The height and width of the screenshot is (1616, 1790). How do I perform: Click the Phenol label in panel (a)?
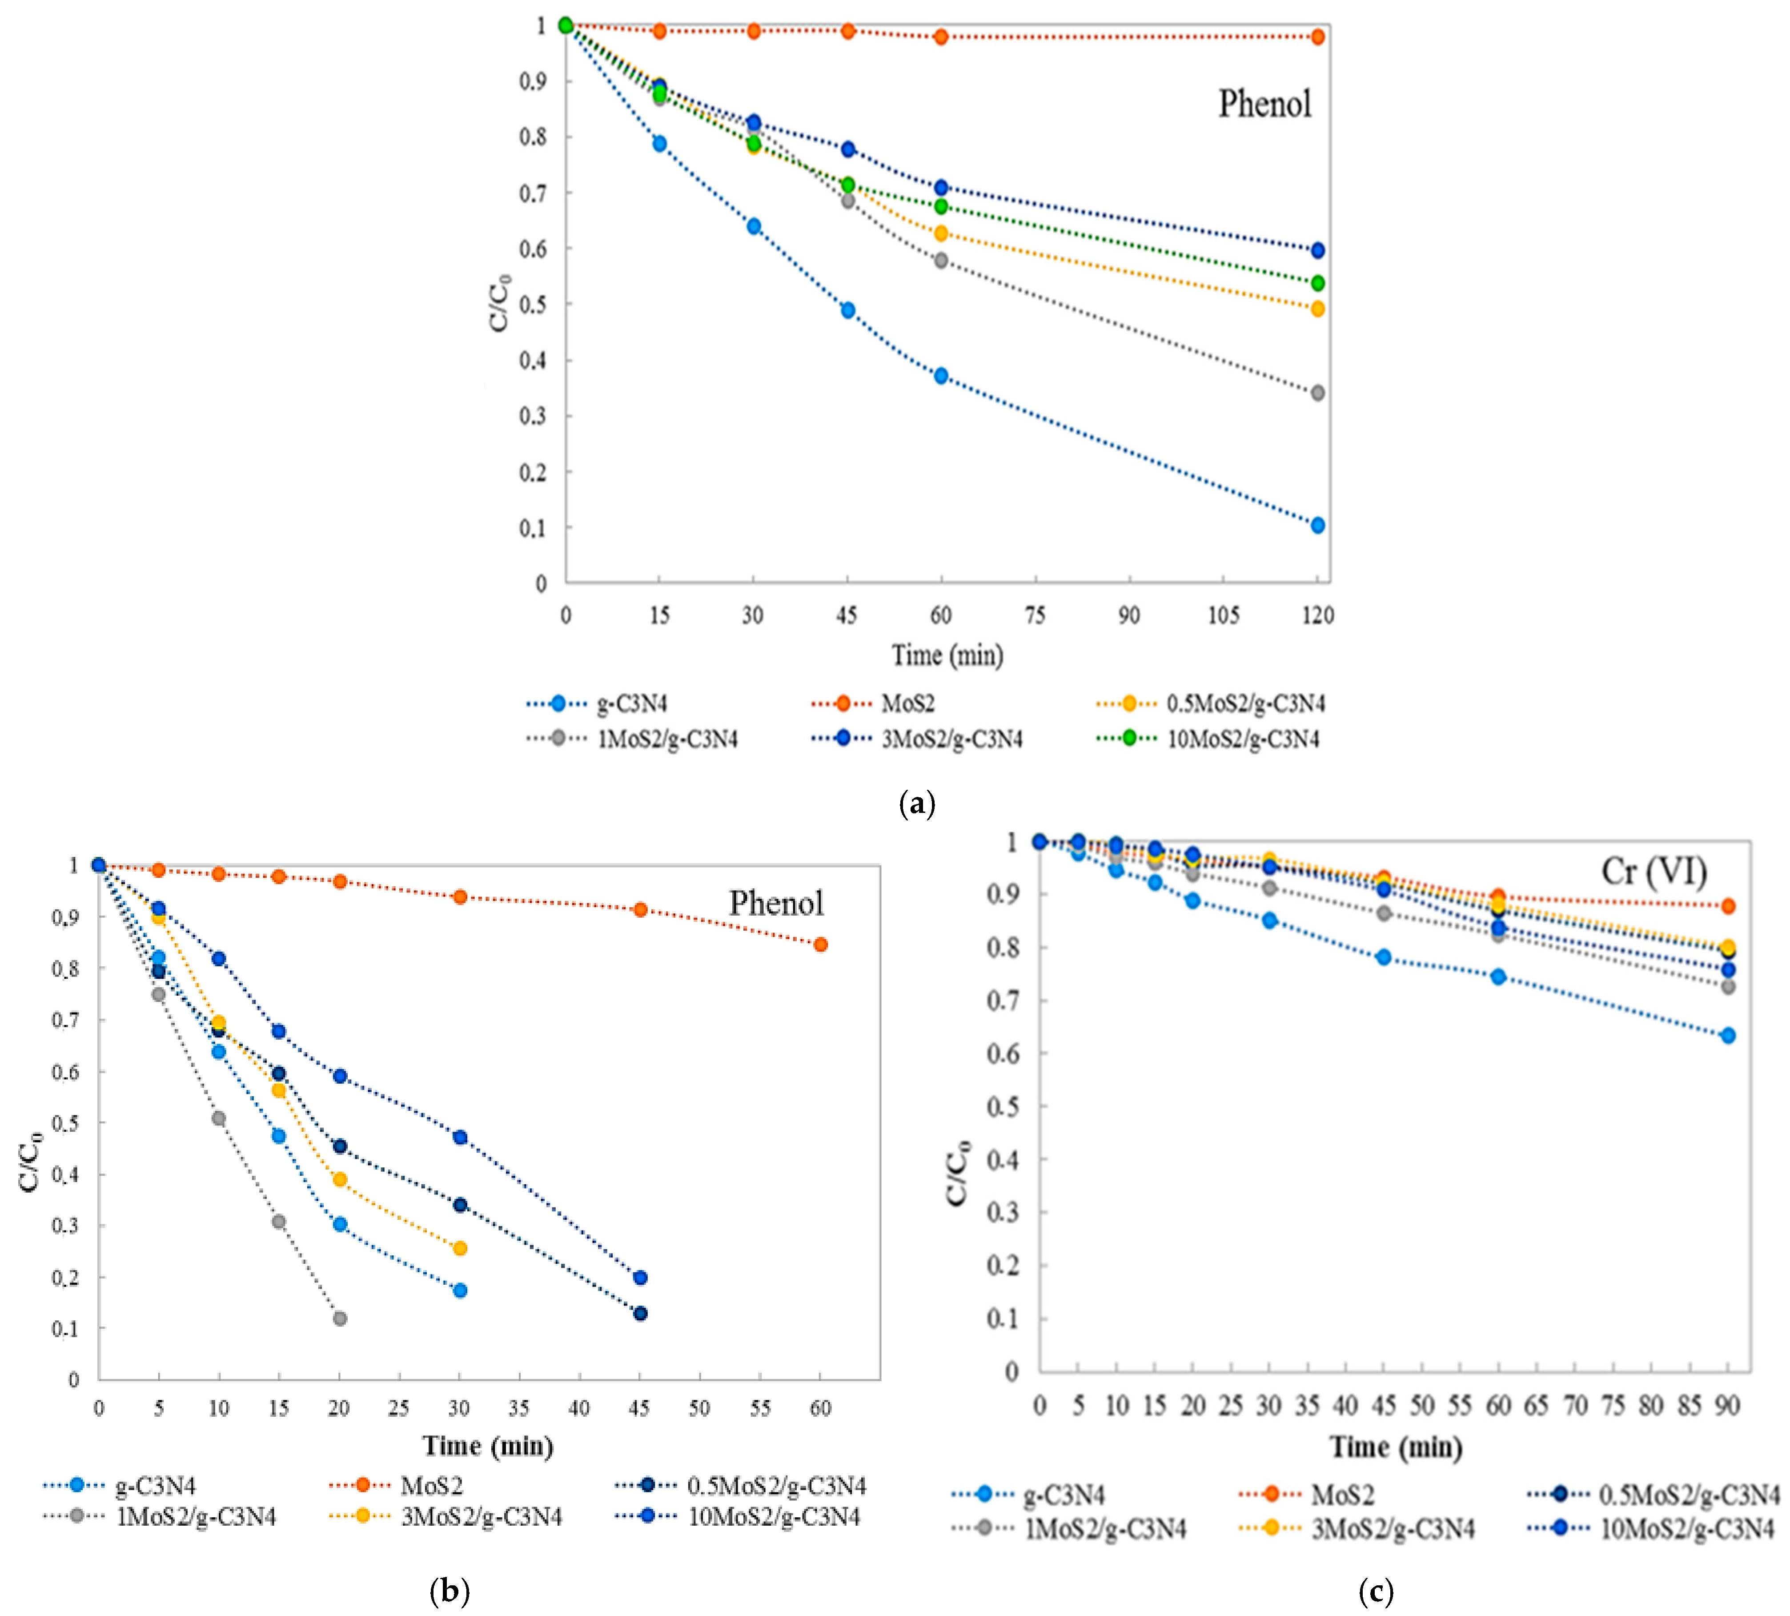1264,104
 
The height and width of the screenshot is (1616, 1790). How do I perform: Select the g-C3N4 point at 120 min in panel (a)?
1318,526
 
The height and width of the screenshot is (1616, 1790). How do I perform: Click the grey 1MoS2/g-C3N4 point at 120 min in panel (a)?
1318,393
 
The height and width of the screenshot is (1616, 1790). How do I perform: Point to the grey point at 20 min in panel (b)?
339,1319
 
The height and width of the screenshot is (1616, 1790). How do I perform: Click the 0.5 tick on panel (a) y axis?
533,305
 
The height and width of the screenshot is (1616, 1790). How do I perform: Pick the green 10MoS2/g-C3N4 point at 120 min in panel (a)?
1318,283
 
